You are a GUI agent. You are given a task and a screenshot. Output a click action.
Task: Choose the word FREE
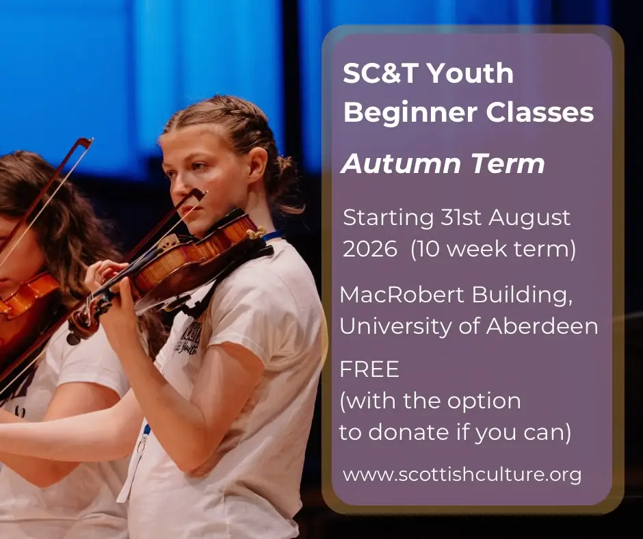[x=369, y=369]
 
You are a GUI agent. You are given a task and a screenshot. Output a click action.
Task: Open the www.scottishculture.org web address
[x=462, y=475]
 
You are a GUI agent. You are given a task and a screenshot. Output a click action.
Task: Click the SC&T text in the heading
[x=380, y=73]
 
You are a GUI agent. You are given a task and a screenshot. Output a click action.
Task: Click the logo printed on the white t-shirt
[x=189, y=337]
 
